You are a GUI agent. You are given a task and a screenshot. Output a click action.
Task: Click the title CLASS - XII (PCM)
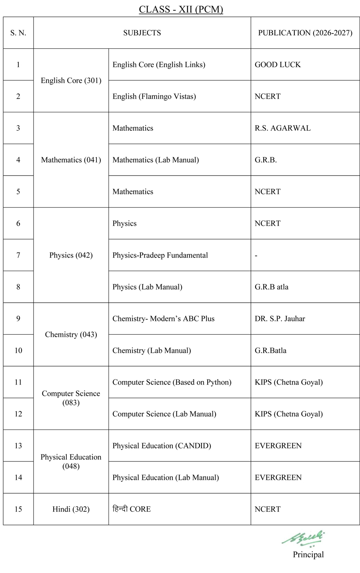click(181, 9)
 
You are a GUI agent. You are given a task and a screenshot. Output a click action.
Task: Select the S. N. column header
click(18, 33)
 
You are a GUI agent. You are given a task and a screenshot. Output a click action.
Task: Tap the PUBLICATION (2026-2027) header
click(305, 33)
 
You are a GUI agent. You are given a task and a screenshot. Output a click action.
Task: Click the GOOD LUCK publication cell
click(278, 65)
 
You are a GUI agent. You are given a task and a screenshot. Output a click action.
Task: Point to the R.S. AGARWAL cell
click(282, 128)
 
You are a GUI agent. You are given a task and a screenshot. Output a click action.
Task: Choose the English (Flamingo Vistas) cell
click(154, 96)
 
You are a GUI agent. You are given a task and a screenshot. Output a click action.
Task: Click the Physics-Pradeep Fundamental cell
click(160, 255)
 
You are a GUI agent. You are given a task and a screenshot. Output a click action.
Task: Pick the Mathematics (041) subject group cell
click(71, 160)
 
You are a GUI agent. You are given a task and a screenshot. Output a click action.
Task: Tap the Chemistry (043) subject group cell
click(71, 335)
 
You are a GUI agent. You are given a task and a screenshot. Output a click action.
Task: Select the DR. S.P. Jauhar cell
click(280, 319)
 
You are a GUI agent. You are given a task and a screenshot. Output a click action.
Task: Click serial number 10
click(18, 350)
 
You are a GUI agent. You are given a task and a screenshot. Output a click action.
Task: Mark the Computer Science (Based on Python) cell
click(172, 382)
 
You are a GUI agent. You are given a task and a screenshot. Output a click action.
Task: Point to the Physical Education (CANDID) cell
click(162, 446)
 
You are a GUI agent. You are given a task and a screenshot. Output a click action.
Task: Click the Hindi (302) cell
click(71, 509)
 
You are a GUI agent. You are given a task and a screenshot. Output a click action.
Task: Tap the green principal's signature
click(304, 538)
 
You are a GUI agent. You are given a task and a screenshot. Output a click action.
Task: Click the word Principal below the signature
click(308, 555)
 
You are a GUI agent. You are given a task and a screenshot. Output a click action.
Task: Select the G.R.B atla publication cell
click(271, 287)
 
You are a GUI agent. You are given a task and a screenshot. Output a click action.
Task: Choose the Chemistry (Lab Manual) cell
click(152, 351)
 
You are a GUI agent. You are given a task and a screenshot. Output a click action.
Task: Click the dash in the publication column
click(256, 256)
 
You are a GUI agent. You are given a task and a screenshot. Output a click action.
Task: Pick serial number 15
click(18, 509)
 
